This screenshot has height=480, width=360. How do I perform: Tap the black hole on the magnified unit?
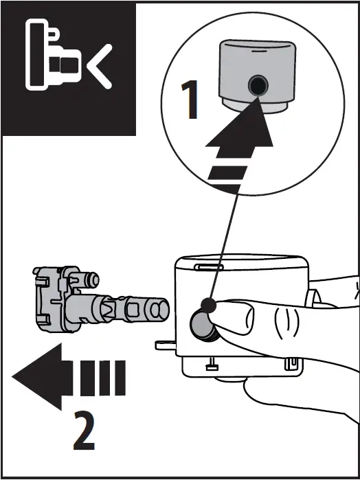[258, 86]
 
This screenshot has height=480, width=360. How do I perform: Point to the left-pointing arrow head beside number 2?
[38, 376]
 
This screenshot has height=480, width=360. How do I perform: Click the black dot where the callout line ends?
[208, 307]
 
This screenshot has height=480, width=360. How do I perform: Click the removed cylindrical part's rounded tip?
[158, 310]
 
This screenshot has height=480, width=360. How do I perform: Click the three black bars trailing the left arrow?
[102, 376]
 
